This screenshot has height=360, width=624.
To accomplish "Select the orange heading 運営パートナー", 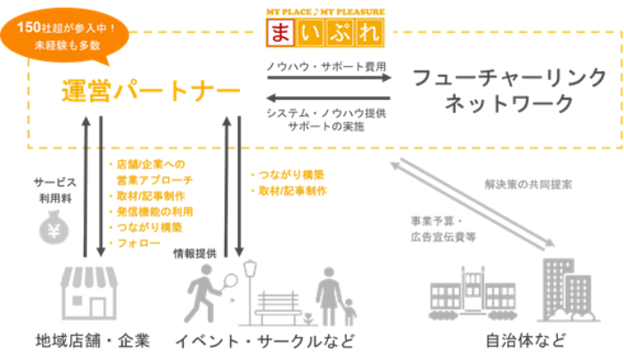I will tap(152, 91).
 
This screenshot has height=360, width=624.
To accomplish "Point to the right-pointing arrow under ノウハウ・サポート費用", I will tap(329, 78).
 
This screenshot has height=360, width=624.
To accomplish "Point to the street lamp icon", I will tap(250, 290).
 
